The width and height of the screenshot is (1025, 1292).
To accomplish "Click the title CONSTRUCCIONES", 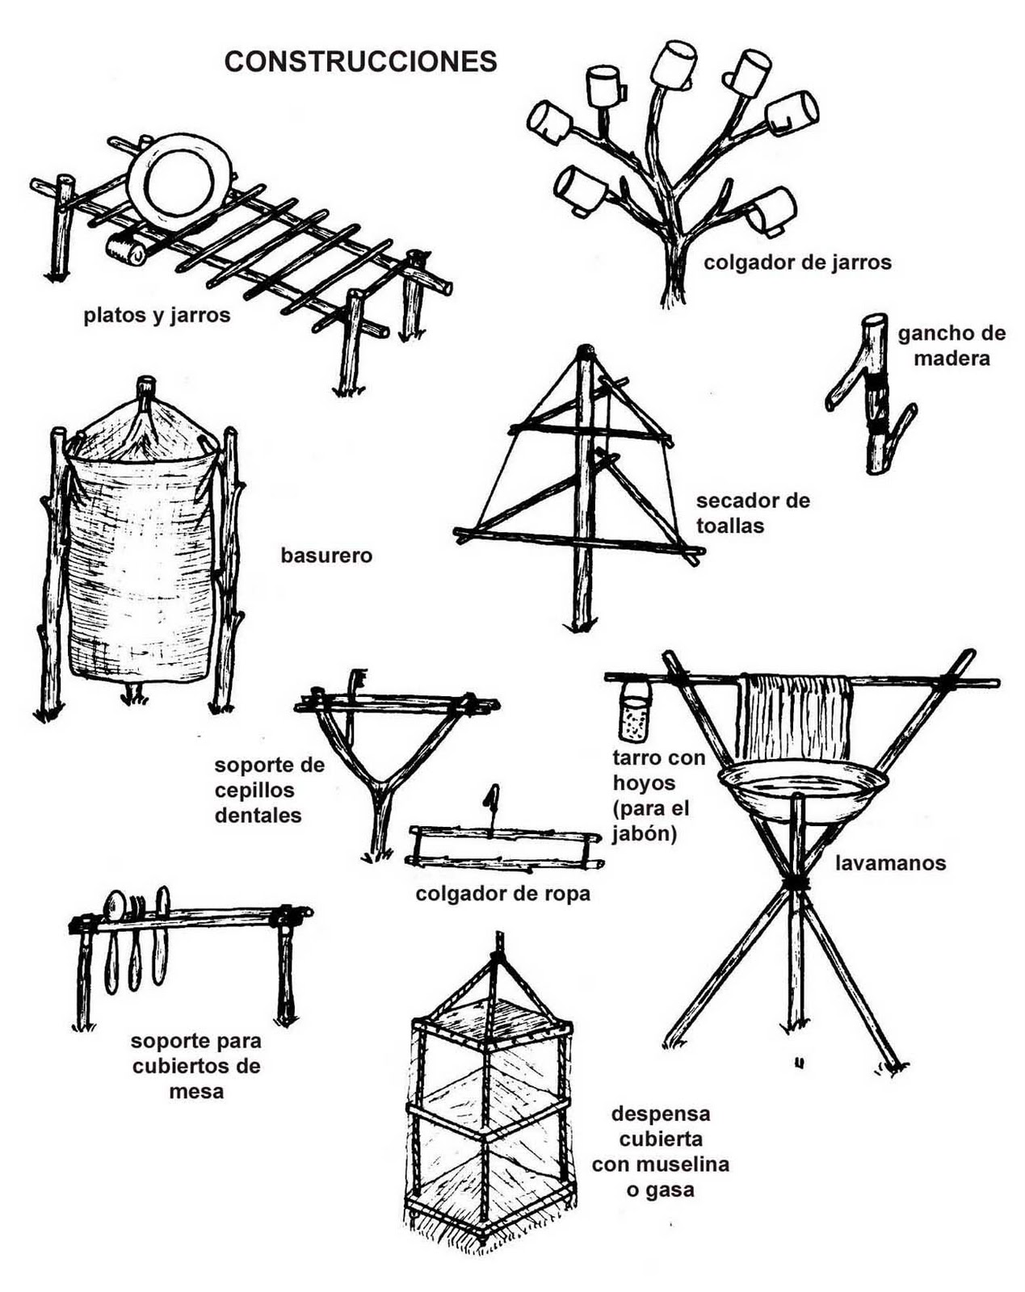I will (360, 61).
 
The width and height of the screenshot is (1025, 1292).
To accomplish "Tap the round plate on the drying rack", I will (179, 182).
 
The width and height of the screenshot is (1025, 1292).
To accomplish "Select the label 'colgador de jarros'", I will (797, 262).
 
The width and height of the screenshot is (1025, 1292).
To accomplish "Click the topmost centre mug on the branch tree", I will (674, 64).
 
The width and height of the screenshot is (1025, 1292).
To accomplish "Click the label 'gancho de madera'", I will (951, 345).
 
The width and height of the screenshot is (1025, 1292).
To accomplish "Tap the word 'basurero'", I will (326, 556).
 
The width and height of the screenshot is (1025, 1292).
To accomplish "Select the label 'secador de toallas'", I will (752, 513).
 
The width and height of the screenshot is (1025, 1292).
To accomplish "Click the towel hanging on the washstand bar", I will (794, 716).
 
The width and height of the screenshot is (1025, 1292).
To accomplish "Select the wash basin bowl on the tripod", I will (802, 787).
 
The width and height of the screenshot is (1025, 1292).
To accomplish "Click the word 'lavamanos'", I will (890, 863).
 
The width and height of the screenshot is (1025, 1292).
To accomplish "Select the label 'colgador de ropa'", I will (502, 894).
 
